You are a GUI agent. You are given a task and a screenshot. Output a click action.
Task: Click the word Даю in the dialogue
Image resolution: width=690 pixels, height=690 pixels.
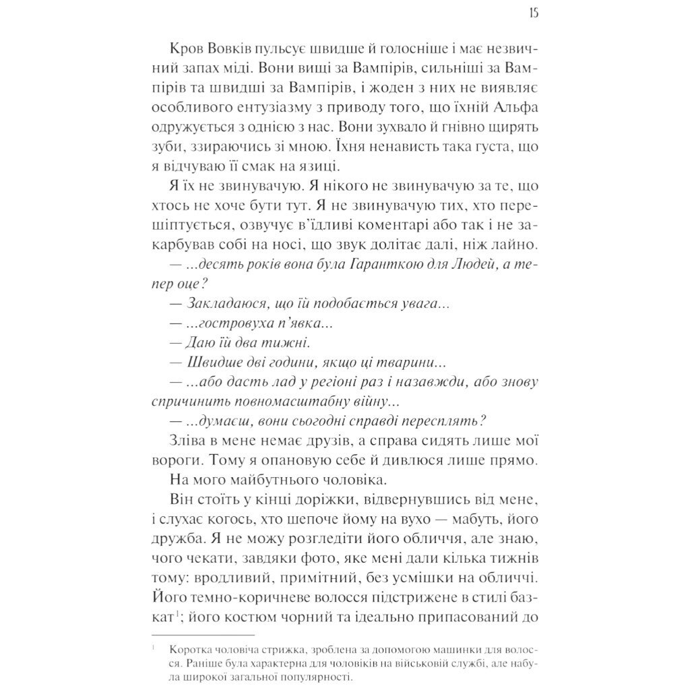pos(203,342)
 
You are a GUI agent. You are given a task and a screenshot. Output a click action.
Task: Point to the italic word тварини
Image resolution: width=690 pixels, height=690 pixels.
pos(414,362)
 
